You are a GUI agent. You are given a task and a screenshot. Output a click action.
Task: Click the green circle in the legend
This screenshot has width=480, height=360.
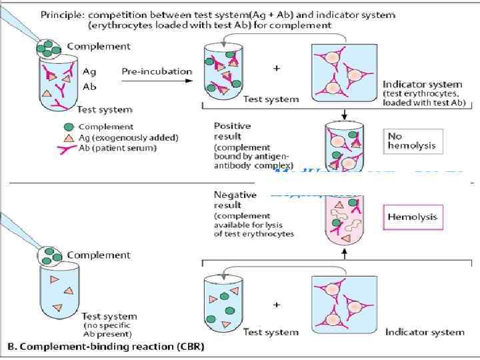pyautogui.click(x=69, y=126)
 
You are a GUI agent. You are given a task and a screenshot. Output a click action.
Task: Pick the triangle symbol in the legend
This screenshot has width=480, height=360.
pyautogui.click(x=69, y=137)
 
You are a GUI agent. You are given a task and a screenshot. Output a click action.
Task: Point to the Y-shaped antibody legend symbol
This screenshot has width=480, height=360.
pyautogui.click(x=69, y=147)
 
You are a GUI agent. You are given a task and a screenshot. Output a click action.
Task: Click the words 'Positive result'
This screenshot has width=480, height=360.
pyautogui.click(x=233, y=131)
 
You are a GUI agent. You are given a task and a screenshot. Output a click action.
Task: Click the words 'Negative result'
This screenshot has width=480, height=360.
pyautogui.click(x=235, y=200)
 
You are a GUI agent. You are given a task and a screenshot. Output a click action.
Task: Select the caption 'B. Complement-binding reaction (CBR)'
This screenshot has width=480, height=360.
pyautogui.click(x=105, y=347)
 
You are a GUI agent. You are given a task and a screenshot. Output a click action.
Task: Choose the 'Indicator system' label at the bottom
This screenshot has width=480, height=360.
pyautogui.click(x=425, y=331)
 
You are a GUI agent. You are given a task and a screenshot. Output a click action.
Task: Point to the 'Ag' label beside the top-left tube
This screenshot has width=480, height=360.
pyautogui.click(x=89, y=70)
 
